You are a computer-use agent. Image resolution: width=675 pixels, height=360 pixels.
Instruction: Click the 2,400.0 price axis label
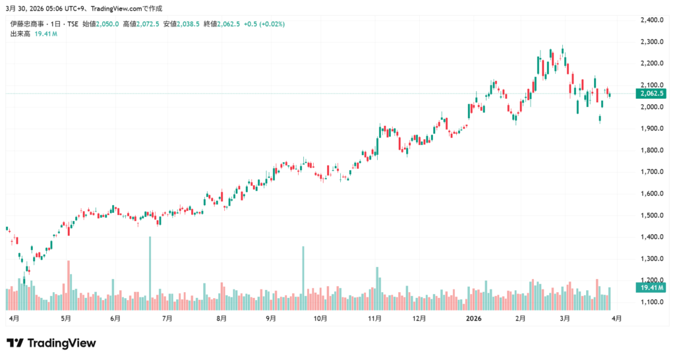pos(651,20)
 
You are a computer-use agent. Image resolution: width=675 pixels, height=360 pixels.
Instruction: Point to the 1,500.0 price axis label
pos(651,216)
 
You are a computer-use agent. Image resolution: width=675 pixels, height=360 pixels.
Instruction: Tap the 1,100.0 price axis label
pos(651,303)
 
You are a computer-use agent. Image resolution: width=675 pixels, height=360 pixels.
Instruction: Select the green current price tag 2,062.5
pos(651,94)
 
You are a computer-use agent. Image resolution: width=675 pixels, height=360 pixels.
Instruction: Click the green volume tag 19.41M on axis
pos(651,287)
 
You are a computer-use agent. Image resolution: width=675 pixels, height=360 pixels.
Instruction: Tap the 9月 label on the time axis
pos(271,318)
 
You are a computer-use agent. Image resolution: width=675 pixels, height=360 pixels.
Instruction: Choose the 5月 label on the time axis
pos(65,318)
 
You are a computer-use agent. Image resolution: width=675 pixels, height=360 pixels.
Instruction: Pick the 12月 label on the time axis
pos(419,318)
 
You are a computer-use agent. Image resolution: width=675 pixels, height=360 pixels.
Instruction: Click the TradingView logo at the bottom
pos(51,343)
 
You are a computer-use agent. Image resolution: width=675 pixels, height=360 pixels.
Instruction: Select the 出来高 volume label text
pos(20,34)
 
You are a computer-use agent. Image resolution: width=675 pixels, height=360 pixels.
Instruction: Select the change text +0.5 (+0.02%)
pos(266,24)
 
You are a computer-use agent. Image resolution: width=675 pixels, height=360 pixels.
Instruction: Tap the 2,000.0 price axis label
pos(651,107)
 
